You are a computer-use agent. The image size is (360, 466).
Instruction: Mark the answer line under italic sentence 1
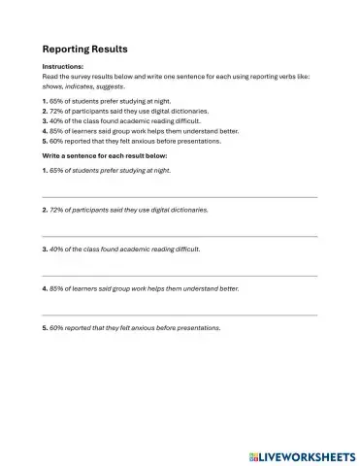(x=180, y=197)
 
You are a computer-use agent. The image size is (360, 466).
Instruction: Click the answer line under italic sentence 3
(x=180, y=276)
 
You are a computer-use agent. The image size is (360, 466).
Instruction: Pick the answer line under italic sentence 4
(x=180, y=316)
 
